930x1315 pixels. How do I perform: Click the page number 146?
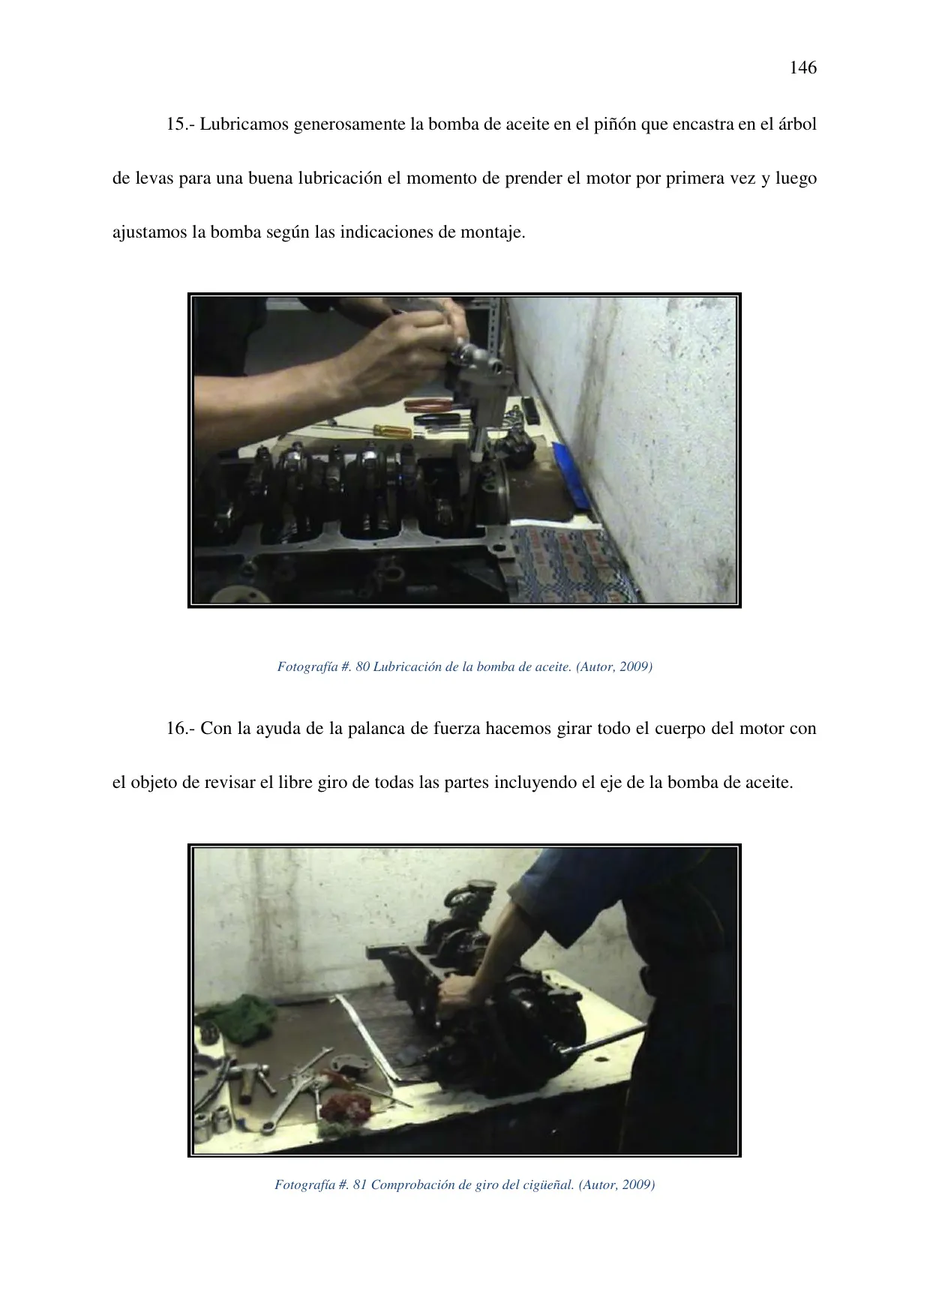pos(802,68)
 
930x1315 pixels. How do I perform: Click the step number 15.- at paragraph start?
pos(181,124)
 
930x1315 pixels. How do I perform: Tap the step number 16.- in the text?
pos(181,729)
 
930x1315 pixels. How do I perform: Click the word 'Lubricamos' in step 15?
pos(244,124)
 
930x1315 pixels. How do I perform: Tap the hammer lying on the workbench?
pos(251,1076)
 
